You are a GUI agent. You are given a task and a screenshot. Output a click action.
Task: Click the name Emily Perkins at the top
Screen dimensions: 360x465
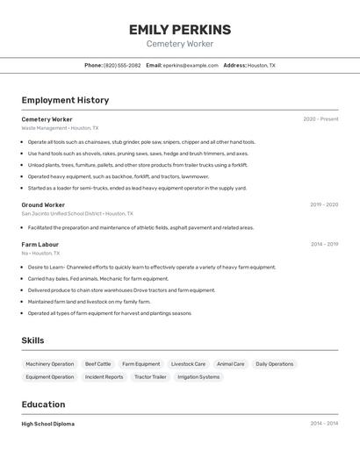tap(180, 30)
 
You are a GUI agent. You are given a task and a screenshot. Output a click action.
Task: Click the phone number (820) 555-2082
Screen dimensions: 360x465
tap(122, 65)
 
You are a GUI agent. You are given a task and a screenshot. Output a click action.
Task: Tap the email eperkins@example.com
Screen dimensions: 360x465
tap(191, 65)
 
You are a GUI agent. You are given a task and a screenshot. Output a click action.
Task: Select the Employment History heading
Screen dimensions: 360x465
tap(65, 100)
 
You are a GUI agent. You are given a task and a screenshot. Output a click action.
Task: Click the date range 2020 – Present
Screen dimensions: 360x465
tap(320, 119)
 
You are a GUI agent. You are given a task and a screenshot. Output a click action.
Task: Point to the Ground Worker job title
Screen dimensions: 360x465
tap(43, 204)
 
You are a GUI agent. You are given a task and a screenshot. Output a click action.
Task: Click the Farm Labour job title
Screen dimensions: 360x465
tap(40, 244)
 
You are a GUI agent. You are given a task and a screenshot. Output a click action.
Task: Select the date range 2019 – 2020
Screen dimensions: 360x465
tap(324, 204)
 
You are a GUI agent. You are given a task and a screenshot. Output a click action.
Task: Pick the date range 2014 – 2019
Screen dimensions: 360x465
tap(324, 244)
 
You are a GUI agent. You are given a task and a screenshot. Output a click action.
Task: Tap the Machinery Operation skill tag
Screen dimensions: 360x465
tap(50, 364)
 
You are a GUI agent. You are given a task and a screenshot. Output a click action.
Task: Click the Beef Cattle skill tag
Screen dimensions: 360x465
tap(98, 364)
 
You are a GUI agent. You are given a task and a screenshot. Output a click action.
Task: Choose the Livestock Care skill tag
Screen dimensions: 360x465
tap(188, 364)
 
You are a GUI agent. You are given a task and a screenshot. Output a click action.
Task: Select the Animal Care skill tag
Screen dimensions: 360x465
tap(231, 364)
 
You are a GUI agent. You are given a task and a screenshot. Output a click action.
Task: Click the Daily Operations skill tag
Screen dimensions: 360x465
tap(275, 364)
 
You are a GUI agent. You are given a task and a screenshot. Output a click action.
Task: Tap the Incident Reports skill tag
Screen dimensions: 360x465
tap(104, 377)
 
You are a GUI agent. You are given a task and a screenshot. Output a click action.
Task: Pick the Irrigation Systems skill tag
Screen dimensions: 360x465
tap(198, 377)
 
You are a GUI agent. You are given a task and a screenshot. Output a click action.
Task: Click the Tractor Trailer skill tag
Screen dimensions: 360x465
tap(150, 377)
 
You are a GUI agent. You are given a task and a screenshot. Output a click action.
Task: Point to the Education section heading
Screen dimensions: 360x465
tap(43, 404)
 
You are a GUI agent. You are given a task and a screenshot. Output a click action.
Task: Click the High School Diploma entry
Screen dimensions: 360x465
tap(48, 424)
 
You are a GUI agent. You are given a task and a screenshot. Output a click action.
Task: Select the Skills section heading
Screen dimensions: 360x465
tap(33, 340)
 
